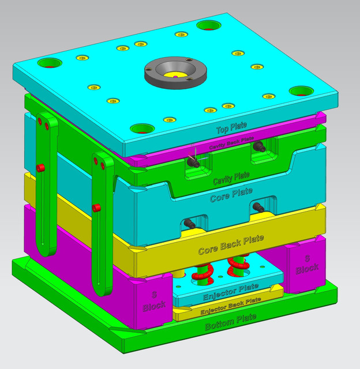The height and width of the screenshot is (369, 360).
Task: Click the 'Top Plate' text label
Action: click(x=230, y=129)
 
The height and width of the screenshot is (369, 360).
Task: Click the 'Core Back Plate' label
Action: click(x=231, y=244)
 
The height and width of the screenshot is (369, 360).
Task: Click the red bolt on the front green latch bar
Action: click(x=97, y=207)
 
